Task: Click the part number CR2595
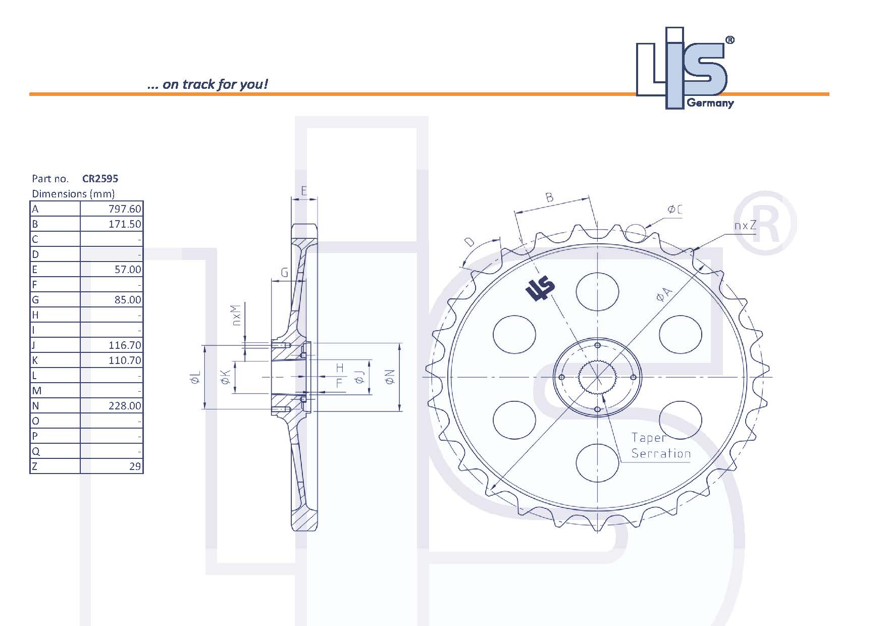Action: pyautogui.click(x=100, y=178)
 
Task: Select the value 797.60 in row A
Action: pyautogui.click(x=125, y=209)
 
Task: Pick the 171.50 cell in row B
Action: pyautogui.click(x=125, y=224)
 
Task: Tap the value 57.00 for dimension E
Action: pyautogui.click(x=128, y=270)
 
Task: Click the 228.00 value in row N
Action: pyautogui.click(x=125, y=406)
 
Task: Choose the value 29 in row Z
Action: pyautogui.click(x=135, y=466)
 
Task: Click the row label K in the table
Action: pyautogui.click(x=35, y=360)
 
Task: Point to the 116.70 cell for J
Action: pyautogui.click(x=125, y=345)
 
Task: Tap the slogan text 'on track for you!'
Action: pyautogui.click(x=215, y=84)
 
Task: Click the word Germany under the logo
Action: pyautogui.click(x=710, y=103)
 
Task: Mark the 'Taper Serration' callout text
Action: pyautogui.click(x=660, y=446)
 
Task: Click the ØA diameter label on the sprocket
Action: pyautogui.click(x=664, y=294)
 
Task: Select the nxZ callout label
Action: pyautogui.click(x=745, y=225)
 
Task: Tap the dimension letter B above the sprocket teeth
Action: pyautogui.click(x=550, y=197)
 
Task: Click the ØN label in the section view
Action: pyautogui.click(x=390, y=377)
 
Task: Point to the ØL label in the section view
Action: pyautogui.click(x=196, y=377)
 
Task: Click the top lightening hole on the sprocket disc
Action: pyautogui.click(x=597, y=291)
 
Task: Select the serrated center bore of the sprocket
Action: pyautogui.click(x=597, y=377)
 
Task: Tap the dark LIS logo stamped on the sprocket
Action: pyautogui.click(x=540, y=289)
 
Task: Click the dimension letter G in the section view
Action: pyautogui.click(x=284, y=273)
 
